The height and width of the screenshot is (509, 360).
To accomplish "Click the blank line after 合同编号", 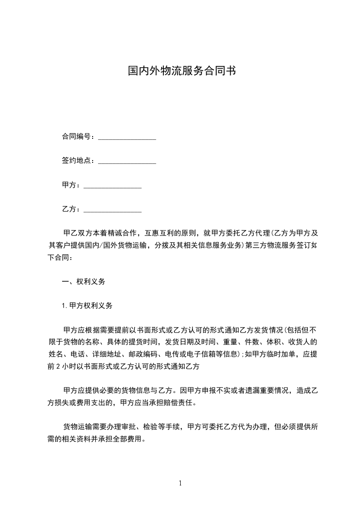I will [127, 137].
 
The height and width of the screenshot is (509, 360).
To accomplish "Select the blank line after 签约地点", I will [127, 161].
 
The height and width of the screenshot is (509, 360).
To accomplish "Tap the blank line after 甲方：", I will [113, 186].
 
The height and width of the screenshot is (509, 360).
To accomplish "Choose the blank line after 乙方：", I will [113, 210].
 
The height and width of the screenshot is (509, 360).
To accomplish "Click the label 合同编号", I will [76, 137].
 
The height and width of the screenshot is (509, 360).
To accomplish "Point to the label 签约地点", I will [76, 160].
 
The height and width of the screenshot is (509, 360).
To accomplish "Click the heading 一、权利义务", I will [84, 281].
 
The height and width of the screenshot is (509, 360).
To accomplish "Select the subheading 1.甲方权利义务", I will [87, 305].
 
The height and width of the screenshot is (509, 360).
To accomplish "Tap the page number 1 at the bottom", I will [180, 483].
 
